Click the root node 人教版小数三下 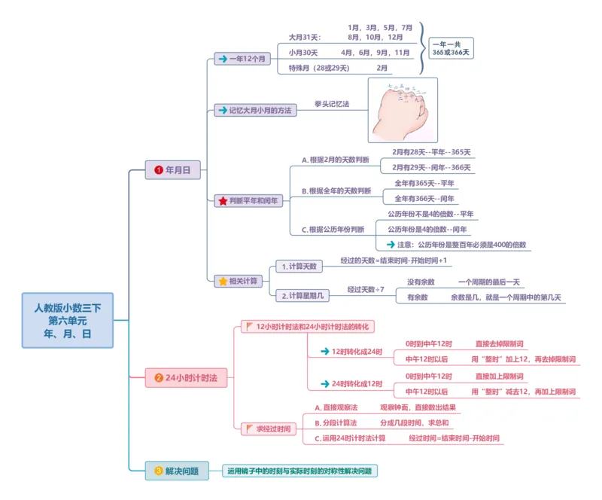tap(67, 320)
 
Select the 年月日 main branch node tap(173, 170)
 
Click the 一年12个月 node tap(242, 58)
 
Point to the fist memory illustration tap(403, 110)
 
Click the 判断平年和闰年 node tap(248, 201)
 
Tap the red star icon tap(223, 201)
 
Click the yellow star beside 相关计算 tap(223, 281)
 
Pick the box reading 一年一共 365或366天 tap(451, 48)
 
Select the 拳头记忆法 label tap(332, 103)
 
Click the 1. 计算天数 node tap(299, 266)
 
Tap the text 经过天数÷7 tap(366, 289)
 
